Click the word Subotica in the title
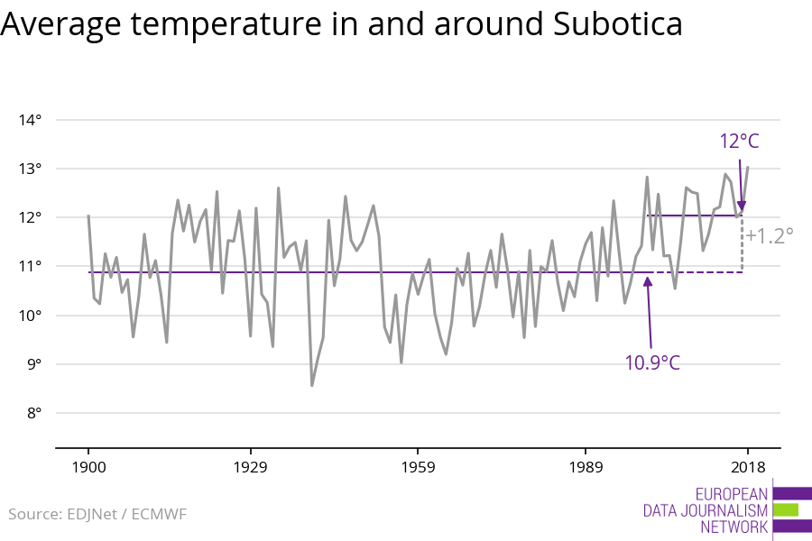pyautogui.click(x=614, y=25)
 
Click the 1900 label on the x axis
pyautogui.click(x=88, y=467)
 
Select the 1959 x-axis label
pyautogui.click(x=418, y=467)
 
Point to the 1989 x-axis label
pyautogui.click(x=586, y=467)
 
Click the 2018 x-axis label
pyautogui.click(x=747, y=467)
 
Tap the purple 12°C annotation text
pyautogui.click(x=739, y=142)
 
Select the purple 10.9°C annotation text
pyautogui.click(x=652, y=362)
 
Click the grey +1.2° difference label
pyautogui.click(x=770, y=236)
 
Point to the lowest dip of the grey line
pyautogui.click(x=312, y=386)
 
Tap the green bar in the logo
pyautogui.click(x=785, y=509)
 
